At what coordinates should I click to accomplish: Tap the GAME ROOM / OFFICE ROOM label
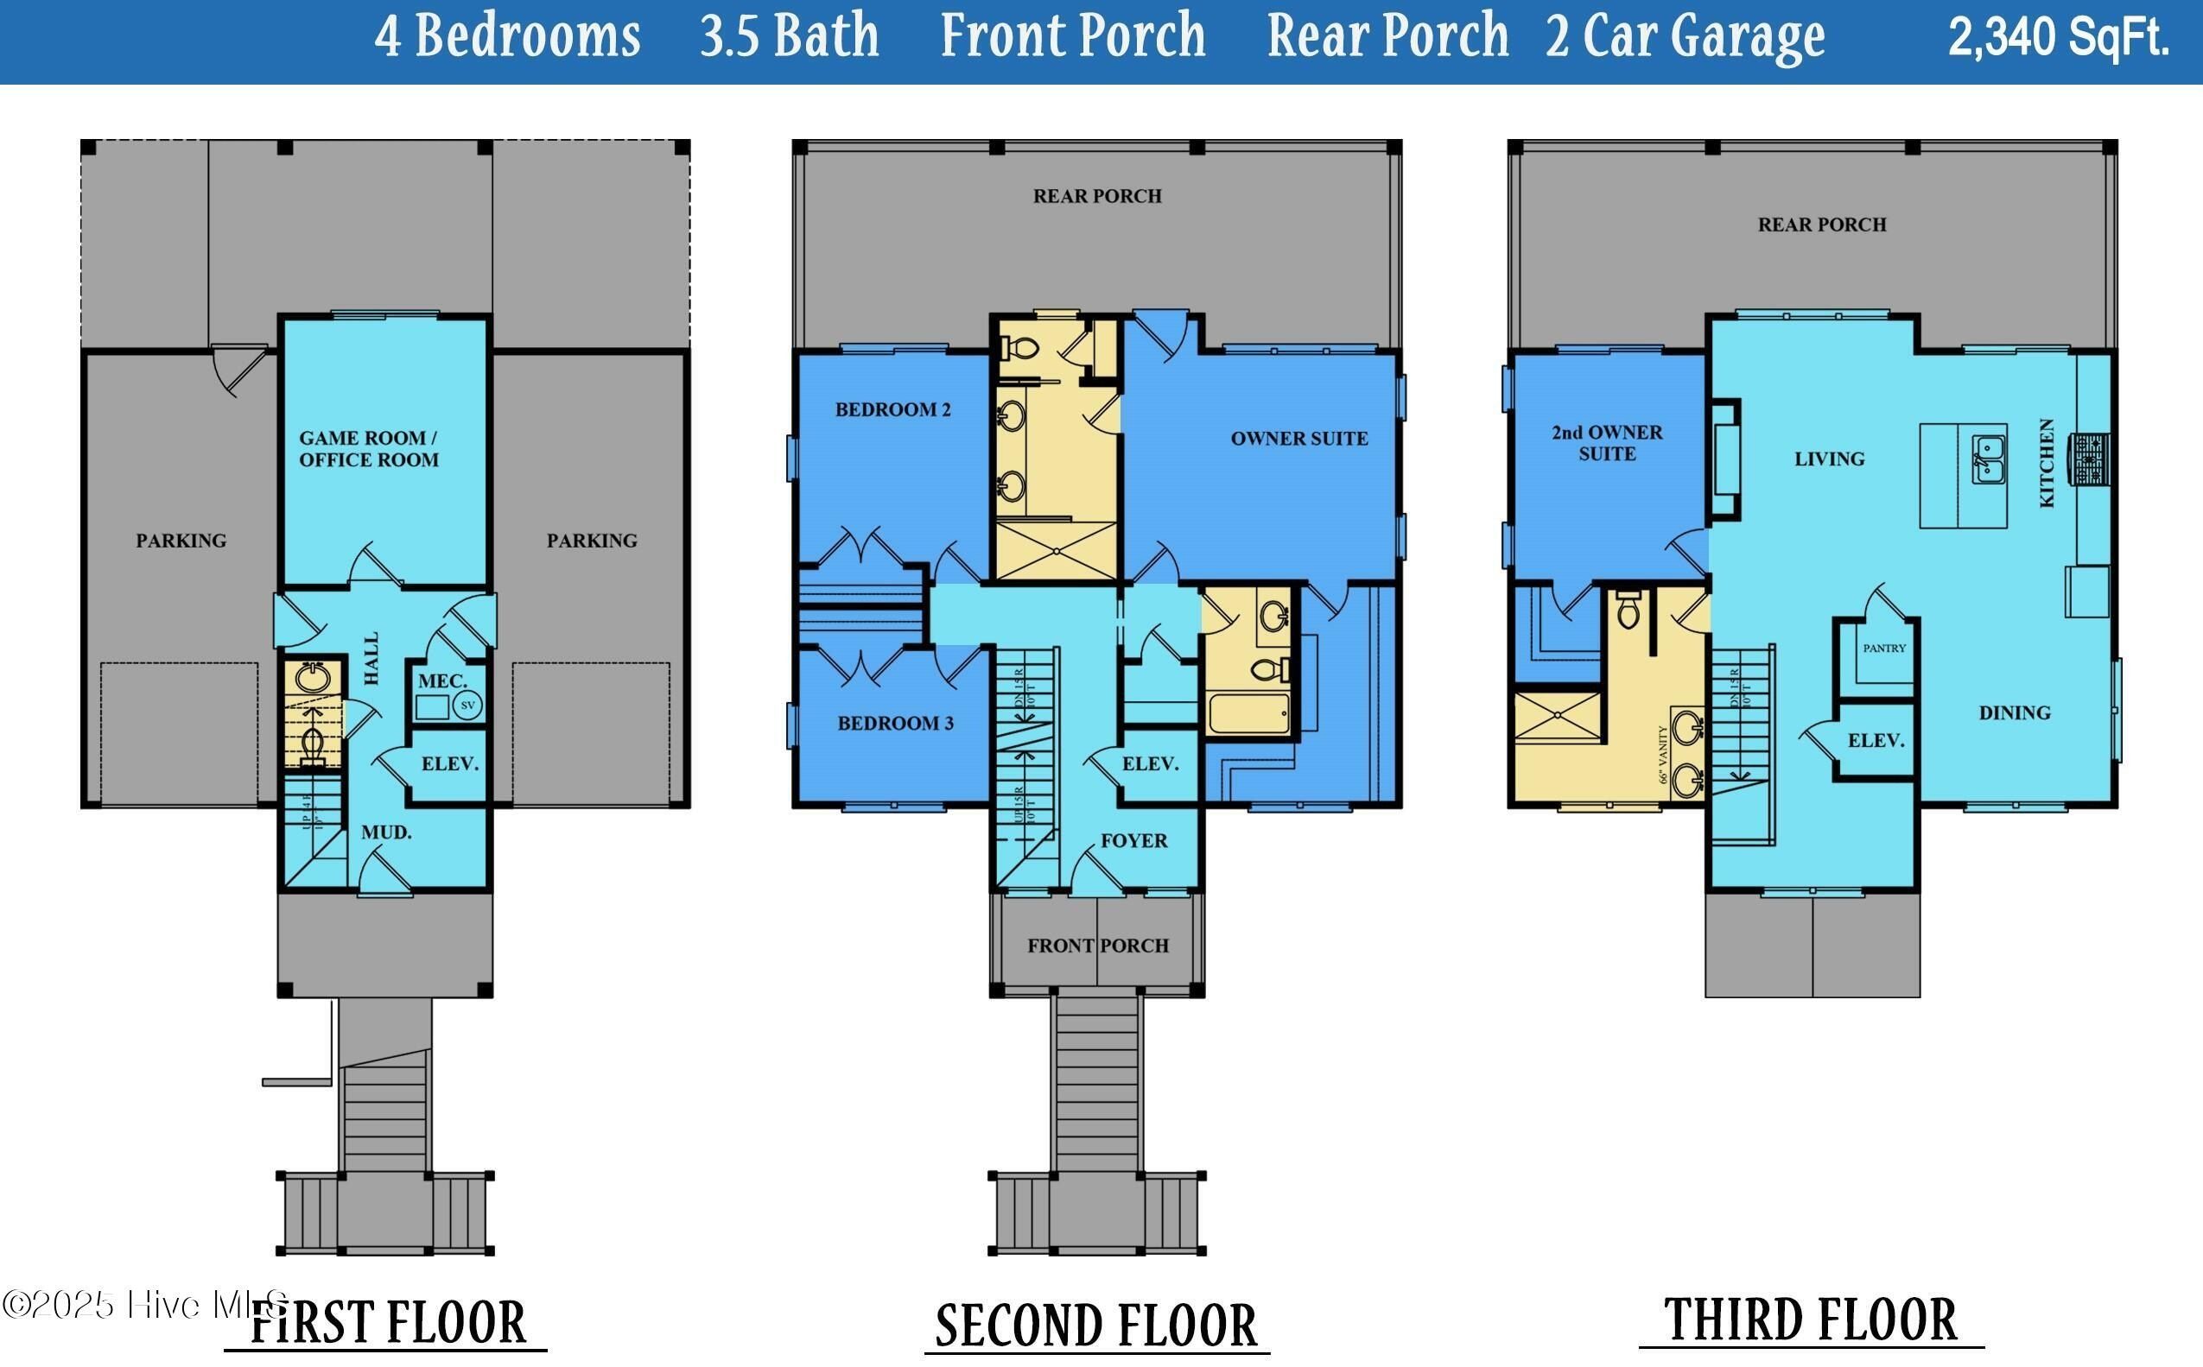pos(368,448)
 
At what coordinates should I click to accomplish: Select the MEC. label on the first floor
pos(442,680)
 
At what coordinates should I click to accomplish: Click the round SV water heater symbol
pos(467,706)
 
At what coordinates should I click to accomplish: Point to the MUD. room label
pos(386,832)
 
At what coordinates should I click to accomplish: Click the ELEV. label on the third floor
pos(1876,740)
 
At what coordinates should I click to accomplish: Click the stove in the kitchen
pos(2092,459)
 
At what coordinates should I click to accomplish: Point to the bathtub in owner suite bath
pos(1249,713)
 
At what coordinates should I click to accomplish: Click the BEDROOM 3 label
pos(895,724)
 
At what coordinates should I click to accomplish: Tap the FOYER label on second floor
pos(1134,841)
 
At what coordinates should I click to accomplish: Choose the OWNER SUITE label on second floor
pos(1298,439)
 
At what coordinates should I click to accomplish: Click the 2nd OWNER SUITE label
pos(1607,443)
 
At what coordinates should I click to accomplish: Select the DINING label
pos(2014,712)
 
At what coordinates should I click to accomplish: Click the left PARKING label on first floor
pos(181,541)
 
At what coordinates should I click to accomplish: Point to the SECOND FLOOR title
pos(1096,1326)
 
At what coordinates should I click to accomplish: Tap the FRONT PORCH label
pos(1097,946)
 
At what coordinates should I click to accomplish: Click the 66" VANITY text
pos(1662,753)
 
